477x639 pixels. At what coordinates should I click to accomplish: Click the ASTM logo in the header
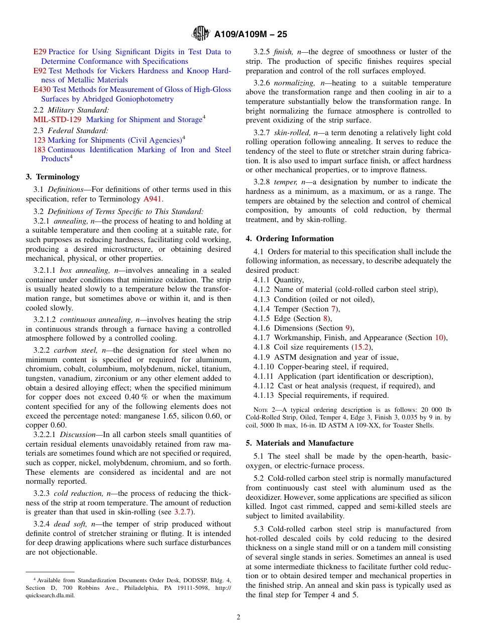click(201, 34)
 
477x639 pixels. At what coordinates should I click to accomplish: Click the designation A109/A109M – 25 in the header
click(251, 34)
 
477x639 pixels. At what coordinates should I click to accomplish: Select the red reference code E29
click(40, 52)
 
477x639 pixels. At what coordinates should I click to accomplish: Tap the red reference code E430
click(42, 89)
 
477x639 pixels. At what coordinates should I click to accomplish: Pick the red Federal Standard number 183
click(39, 150)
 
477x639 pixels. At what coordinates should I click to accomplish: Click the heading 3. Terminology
click(53, 176)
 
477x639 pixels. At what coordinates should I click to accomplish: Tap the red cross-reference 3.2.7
click(183, 512)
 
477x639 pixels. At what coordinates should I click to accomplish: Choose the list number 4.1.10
click(264, 367)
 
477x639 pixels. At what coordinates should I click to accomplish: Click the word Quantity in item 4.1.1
click(289, 280)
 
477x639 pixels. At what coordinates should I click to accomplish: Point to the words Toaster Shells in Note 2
click(417, 426)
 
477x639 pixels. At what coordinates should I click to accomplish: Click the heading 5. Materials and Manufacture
click(300, 443)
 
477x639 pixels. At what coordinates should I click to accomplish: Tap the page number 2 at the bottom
click(238, 617)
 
